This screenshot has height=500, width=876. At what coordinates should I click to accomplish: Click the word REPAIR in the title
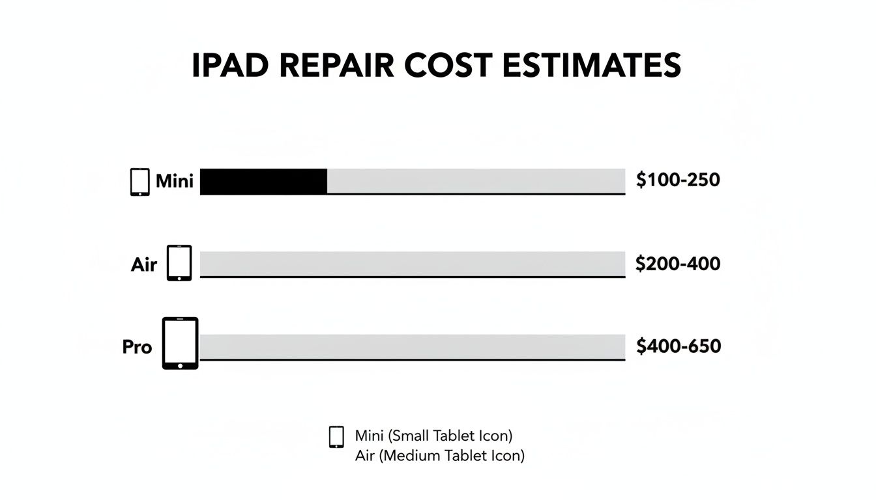(337, 66)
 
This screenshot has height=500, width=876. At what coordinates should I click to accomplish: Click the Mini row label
(175, 181)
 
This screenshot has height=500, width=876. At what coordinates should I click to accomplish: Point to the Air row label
(144, 265)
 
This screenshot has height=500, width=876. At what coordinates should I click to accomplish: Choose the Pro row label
(137, 347)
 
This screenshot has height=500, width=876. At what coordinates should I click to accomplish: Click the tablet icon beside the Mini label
(140, 182)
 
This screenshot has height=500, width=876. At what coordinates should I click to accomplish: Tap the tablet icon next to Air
(179, 263)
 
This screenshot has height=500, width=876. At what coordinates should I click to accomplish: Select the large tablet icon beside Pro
(180, 343)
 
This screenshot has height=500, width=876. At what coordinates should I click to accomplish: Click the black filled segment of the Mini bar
(263, 181)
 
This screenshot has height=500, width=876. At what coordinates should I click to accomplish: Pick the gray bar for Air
(412, 264)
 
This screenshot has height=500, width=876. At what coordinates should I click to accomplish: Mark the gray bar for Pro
(412, 346)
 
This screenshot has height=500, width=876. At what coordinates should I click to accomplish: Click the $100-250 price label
(678, 180)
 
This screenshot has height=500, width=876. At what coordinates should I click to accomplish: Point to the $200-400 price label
(678, 264)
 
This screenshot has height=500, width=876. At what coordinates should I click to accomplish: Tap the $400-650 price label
(679, 346)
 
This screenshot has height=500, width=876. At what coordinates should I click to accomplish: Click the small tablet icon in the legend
(336, 437)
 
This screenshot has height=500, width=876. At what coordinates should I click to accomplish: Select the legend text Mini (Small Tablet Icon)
(433, 435)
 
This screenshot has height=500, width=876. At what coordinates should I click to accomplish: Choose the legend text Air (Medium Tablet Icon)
(439, 456)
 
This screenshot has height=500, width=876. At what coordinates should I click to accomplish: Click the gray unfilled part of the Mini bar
(476, 181)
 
